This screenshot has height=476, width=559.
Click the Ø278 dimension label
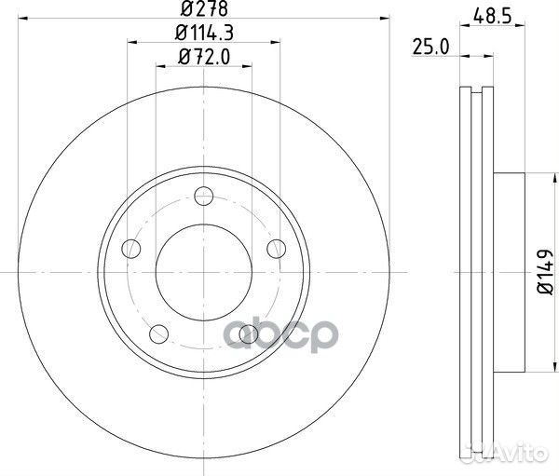coord(204,9)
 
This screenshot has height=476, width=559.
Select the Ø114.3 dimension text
coord(204,34)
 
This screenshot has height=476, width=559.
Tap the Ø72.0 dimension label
coord(204,57)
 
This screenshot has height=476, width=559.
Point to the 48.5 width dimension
coord(493,17)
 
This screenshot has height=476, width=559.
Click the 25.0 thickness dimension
coord(430,48)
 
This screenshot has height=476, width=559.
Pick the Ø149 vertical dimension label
coord(545,272)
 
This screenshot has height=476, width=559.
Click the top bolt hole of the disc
coord(204,196)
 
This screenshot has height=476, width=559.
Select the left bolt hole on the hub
coord(130,249)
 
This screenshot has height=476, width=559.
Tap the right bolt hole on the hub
coord(277,249)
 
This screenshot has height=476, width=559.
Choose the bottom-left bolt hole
coord(158,334)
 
